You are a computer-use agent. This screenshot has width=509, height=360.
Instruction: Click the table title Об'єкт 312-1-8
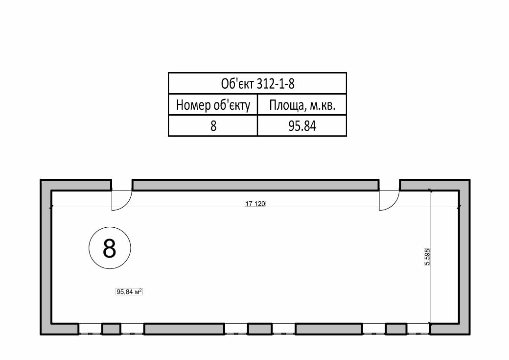(257, 84)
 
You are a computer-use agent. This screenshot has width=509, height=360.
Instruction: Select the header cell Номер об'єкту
(213, 105)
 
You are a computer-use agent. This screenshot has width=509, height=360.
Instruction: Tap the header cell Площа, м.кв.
(302, 105)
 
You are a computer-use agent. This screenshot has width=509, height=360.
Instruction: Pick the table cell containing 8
(213, 126)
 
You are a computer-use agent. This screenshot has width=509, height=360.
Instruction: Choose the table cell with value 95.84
(302, 126)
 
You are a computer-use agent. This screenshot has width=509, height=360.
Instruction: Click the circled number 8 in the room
(110, 248)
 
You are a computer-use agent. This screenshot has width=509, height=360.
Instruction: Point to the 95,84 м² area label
(129, 292)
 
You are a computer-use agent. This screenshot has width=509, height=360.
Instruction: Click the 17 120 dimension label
(255, 204)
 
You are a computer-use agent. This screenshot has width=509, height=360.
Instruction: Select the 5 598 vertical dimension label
(427, 257)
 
